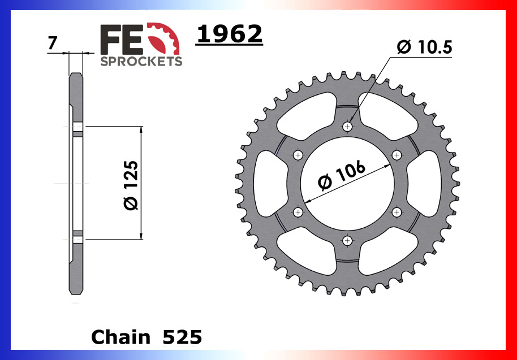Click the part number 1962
coord(229,35)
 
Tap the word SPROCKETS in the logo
coord(141,61)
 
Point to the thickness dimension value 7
coord(52,43)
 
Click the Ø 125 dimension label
coord(130,185)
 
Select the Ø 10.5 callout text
coord(424,48)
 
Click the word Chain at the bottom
coord(120,337)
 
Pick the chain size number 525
coord(182,337)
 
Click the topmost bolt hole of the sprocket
coord(348,127)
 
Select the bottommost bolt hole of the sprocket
coord(348,240)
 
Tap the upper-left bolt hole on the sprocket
coord(299,155)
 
